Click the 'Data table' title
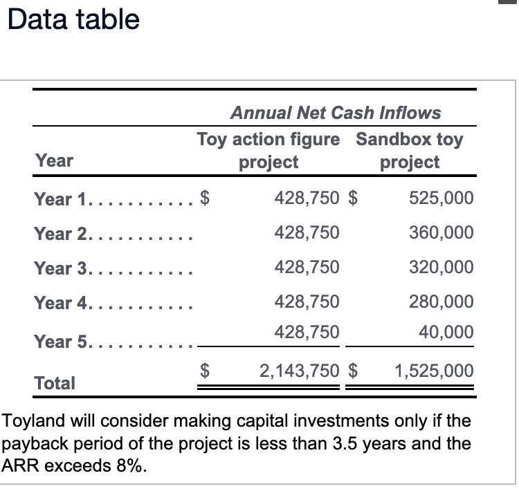[73, 19]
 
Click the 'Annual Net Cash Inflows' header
[335, 112]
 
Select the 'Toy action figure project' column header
[268, 151]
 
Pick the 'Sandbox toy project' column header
[410, 151]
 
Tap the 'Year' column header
[54, 161]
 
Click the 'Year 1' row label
[62, 200]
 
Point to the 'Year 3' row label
[62, 268]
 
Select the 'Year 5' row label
[62, 342]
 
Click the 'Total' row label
[55, 382]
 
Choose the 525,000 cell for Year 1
[441, 198]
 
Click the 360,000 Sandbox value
[441, 233]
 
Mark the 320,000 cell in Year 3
[441, 267]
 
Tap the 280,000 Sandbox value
[441, 302]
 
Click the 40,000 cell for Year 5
[446, 332]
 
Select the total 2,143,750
[300, 371]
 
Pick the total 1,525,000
[434, 371]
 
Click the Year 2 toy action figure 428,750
[307, 233]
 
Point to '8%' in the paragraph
[131, 465]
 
